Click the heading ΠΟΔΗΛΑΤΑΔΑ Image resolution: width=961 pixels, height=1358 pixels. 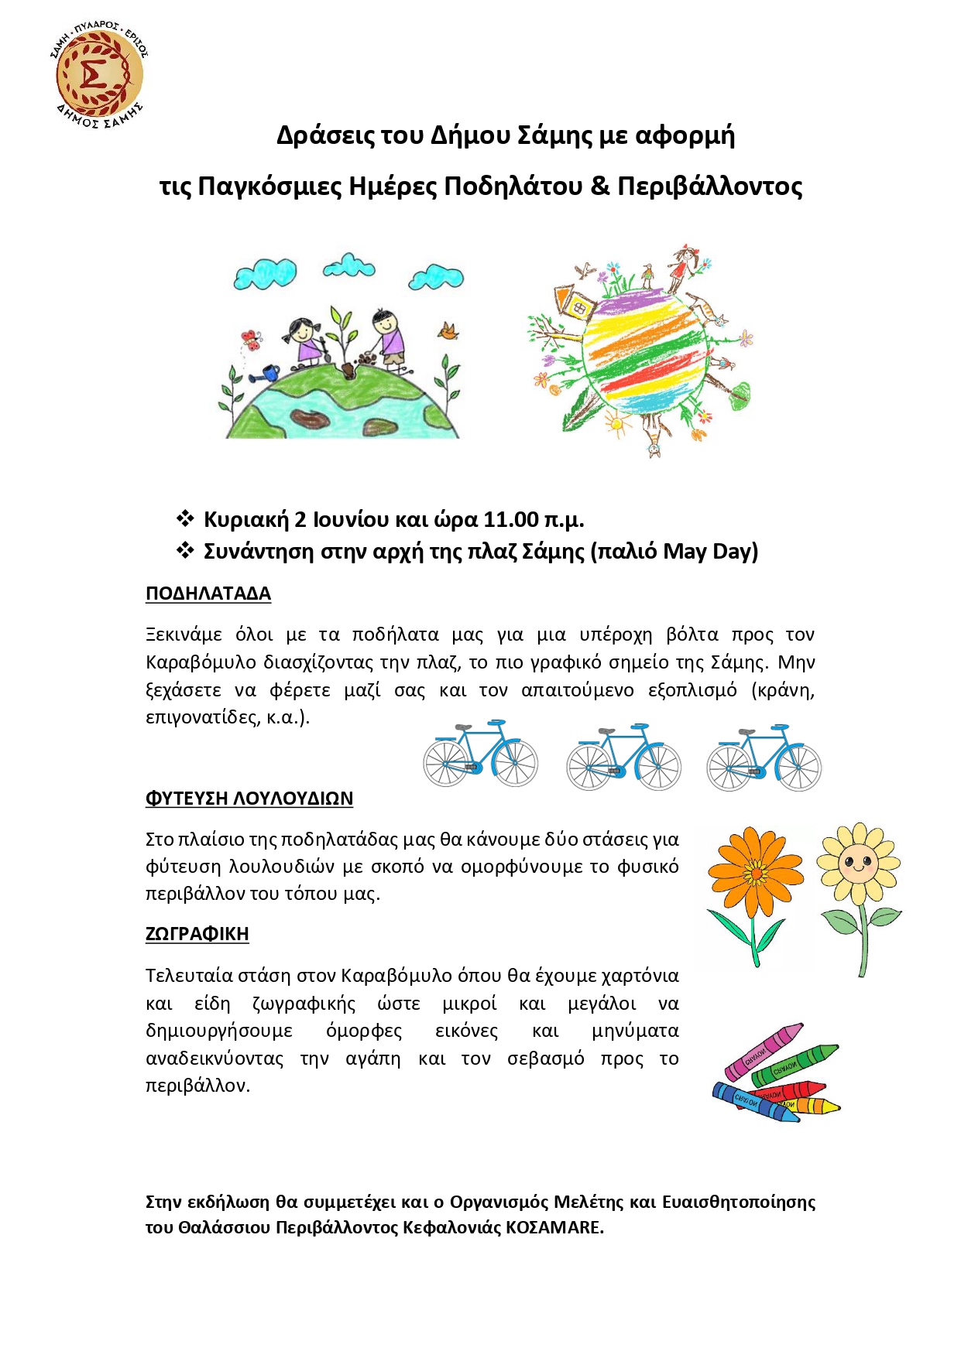pos(208,593)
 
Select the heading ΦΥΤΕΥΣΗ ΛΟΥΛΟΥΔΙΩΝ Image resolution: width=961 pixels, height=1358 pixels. pos(249,798)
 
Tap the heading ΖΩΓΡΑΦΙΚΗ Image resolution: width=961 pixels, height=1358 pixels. pos(197,933)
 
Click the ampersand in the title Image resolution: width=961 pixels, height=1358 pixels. pos(600,186)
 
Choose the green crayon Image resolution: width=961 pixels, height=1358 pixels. pos(795,1066)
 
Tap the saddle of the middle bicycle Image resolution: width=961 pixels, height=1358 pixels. pos(606,730)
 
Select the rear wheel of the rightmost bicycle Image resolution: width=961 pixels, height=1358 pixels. pos(728,767)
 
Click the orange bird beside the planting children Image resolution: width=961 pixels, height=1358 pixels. pos(448,332)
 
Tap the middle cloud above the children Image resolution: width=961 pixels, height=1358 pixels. pos(349,268)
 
